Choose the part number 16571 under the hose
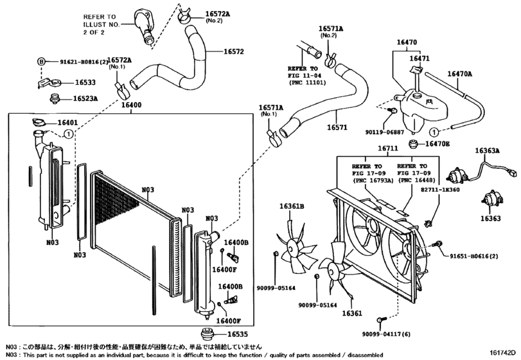tap(341, 127)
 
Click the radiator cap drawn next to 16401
tap(39, 123)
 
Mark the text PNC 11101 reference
tap(306, 82)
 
